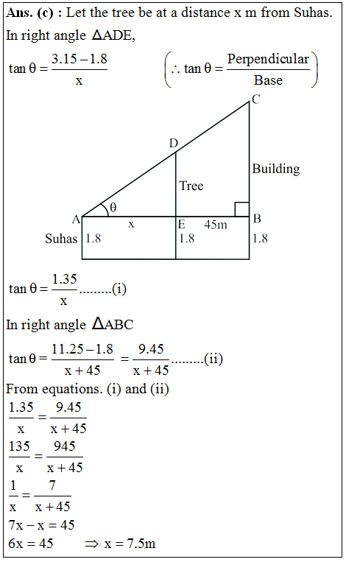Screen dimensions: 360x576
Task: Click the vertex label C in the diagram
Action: (255, 101)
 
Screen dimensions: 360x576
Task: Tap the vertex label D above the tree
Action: (174, 143)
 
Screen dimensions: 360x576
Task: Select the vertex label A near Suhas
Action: (75, 219)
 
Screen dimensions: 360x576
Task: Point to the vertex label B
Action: (257, 218)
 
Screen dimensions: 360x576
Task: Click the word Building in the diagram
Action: (276, 169)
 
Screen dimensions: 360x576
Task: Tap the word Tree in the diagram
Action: (191, 186)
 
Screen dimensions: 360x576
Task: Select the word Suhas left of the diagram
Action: (61, 239)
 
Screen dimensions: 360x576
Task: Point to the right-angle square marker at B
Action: (241, 208)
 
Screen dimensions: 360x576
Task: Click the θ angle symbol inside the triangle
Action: (113, 208)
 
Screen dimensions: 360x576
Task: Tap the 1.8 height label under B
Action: (260, 239)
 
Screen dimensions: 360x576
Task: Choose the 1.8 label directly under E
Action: (187, 239)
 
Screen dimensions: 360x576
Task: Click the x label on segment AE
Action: (131, 224)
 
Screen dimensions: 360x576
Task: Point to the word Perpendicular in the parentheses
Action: (268, 59)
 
